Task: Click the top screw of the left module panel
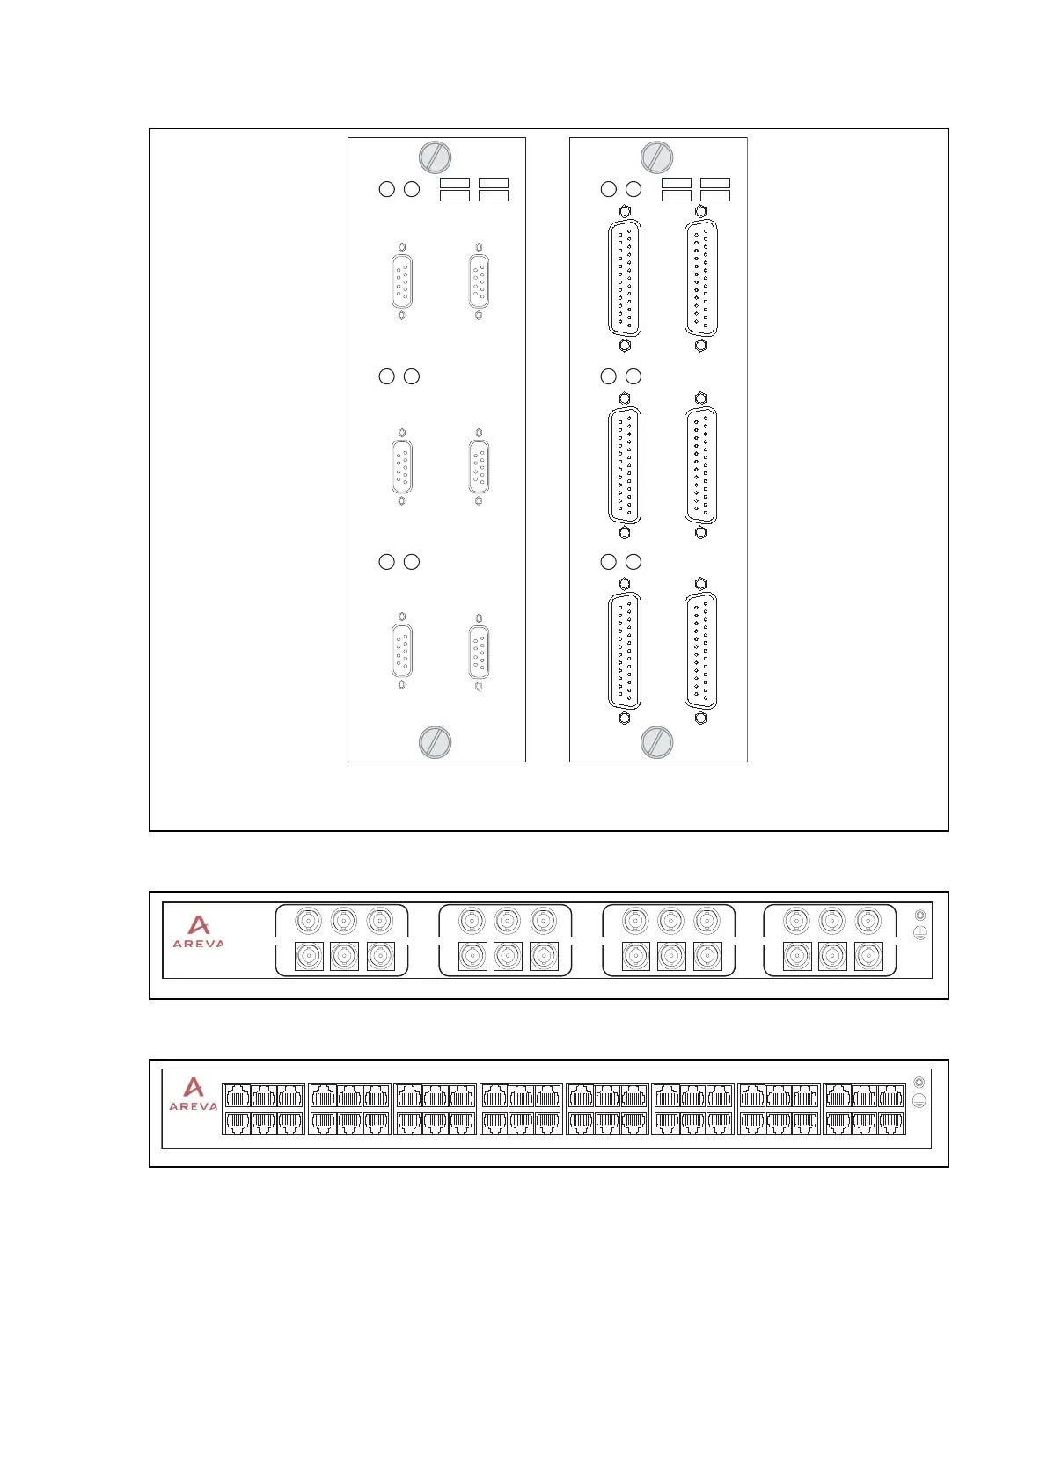(435, 158)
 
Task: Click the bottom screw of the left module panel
(435, 742)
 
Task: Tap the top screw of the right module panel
(656, 158)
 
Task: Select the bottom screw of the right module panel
(656, 742)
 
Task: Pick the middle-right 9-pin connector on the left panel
(479, 467)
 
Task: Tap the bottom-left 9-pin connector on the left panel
(401, 652)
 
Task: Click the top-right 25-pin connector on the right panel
(700, 279)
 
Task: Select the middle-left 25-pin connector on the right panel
(625, 466)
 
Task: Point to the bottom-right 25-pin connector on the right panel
(700, 652)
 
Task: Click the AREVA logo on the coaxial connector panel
(198, 931)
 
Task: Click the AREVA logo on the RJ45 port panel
(194, 1094)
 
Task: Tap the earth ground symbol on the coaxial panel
(920, 933)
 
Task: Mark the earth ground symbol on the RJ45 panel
(919, 1100)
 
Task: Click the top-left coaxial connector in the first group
(308, 921)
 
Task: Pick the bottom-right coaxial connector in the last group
(868, 956)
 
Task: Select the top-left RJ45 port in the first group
(238, 1096)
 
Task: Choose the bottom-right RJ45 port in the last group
(891, 1122)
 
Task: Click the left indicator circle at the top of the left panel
(386, 189)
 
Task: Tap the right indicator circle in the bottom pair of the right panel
(633, 562)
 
